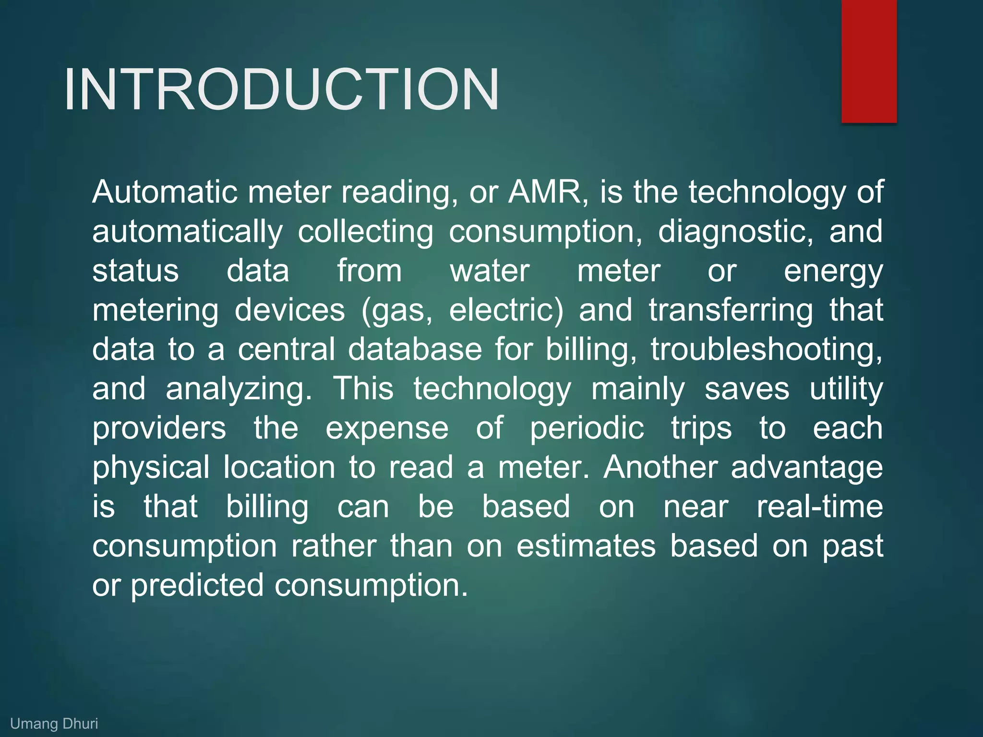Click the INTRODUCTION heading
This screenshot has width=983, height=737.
click(282, 89)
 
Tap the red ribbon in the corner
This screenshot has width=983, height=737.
click(869, 61)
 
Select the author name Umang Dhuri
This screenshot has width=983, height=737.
click(54, 724)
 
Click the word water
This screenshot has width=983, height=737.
click(490, 271)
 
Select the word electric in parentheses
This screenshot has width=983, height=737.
click(505, 310)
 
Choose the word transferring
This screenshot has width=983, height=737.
click(731, 310)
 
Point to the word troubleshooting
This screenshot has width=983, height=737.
click(766, 350)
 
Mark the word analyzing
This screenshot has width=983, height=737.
click(239, 389)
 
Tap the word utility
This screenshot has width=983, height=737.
click(846, 389)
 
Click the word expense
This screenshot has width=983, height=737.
click(387, 428)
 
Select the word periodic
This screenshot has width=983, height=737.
click(587, 428)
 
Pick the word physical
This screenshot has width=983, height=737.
click(151, 468)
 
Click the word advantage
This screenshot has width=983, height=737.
click(806, 468)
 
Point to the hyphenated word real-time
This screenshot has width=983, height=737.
click(820, 507)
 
